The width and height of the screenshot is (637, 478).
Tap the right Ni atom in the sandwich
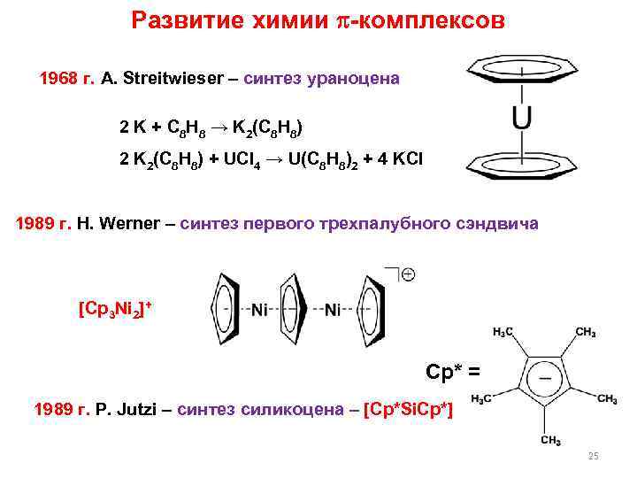[333, 310]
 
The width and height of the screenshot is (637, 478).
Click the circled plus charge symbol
[409, 275]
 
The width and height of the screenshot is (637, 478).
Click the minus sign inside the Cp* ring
[546, 374]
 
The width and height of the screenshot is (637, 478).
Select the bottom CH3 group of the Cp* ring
[550, 440]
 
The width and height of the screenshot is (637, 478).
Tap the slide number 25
[593, 456]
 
